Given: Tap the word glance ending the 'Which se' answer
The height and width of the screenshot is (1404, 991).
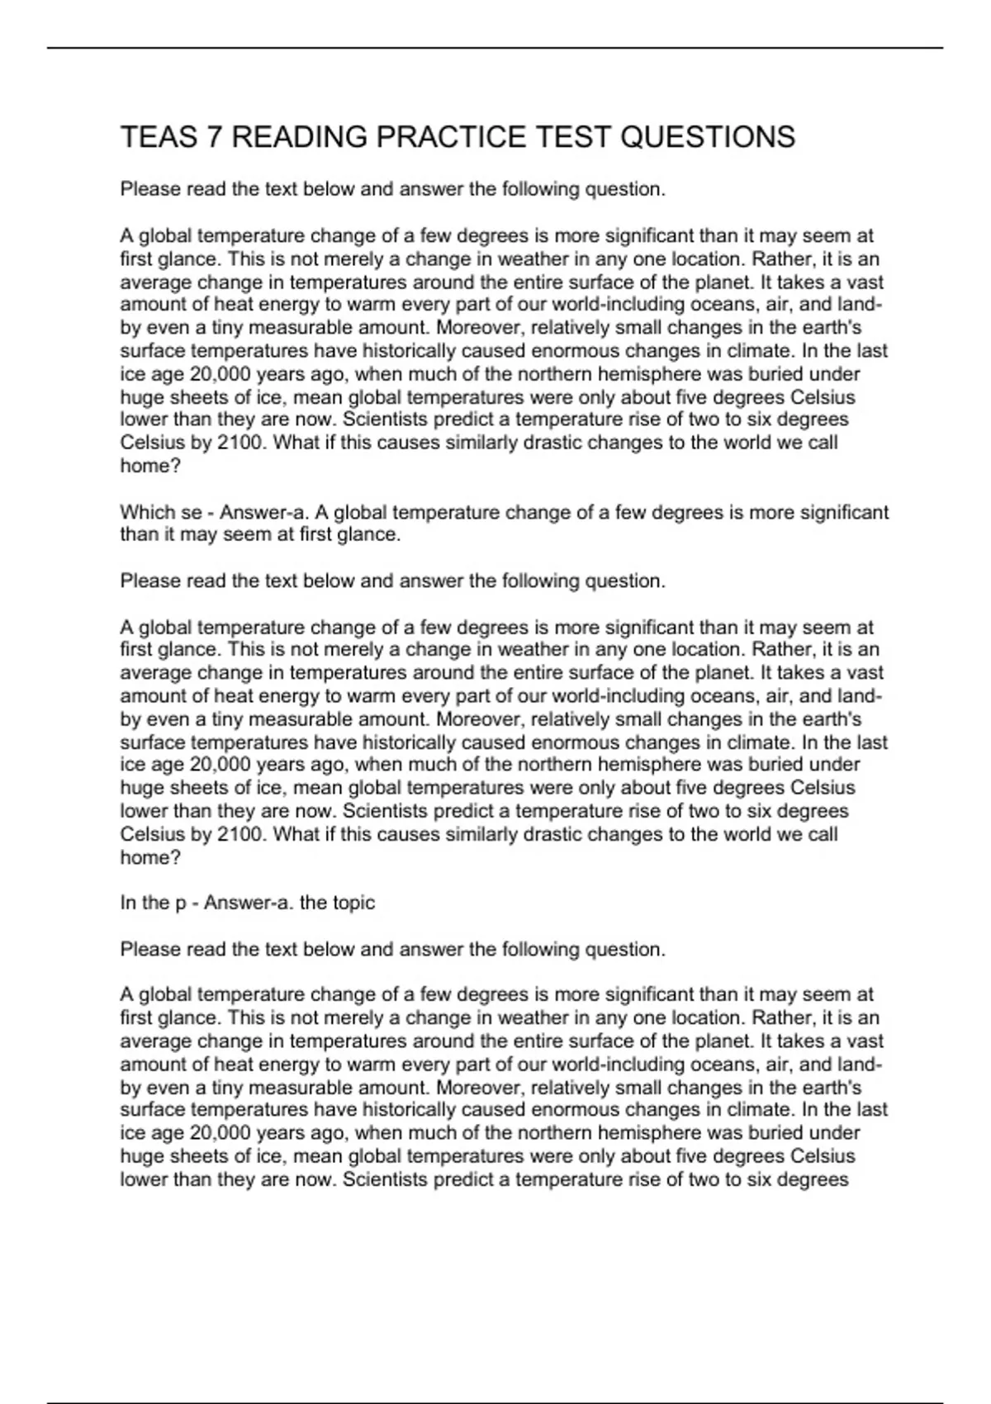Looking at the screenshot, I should pos(369,534).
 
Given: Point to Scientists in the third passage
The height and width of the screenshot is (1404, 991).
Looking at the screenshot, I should pos(385,1179).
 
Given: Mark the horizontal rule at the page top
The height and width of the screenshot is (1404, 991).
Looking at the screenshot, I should pos(495,48).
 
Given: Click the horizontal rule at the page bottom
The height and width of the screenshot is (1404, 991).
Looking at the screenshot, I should pos(495,1379).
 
